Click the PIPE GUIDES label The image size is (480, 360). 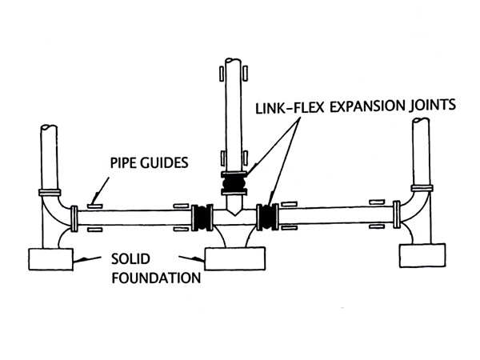(x=148, y=162)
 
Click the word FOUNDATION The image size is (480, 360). (x=154, y=279)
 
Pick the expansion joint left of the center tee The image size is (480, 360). (x=201, y=216)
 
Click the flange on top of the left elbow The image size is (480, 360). (x=50, y=193)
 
